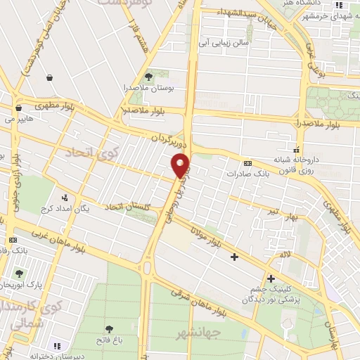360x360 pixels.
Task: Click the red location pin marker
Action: pyautogui.click(x=181, y=165)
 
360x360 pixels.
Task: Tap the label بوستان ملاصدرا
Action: pyautogui.click(x=148, y=88)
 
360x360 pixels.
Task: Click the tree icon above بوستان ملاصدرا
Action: pyautogui.click(x=148, y=77)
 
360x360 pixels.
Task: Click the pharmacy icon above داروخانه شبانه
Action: pyautogui.click(x=296, y=149)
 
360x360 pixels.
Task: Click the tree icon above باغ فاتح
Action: pyautogui.click(x=109, y=328)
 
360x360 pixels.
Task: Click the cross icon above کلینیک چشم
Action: pyautogui.click(x=270, y=279)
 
